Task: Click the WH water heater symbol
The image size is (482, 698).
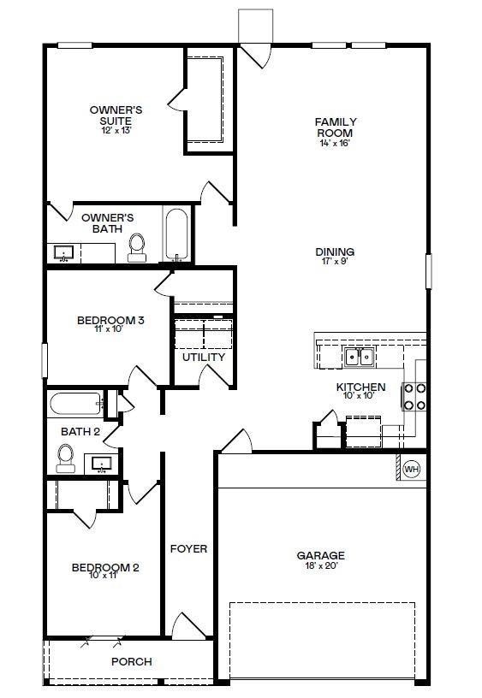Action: (411, 469)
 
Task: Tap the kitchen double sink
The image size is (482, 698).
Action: (360, 357)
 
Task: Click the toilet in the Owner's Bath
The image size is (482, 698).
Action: (137, 246)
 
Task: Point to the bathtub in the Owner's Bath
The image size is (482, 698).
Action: (177, 235)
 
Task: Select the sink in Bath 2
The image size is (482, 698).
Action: (103, 464)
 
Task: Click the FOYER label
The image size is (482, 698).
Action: (188, 548)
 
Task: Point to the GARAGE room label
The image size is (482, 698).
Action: (321, 555)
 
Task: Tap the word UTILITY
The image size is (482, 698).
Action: (204, 357)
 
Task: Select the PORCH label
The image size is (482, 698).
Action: (132, 661)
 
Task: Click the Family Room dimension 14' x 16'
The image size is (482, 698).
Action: (335, 144)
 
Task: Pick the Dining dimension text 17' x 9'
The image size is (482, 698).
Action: (335, 263)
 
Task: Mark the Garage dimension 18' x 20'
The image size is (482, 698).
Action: (321, 565)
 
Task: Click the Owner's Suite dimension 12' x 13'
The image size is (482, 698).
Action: (116, 131)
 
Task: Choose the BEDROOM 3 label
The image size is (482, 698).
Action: (110, 321)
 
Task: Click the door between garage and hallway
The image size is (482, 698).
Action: (235, 441)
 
